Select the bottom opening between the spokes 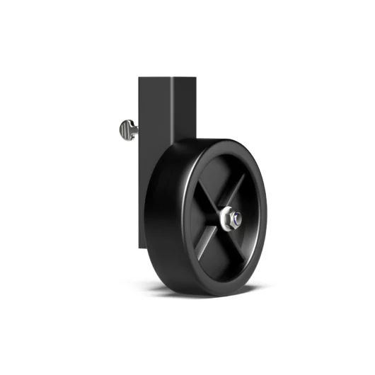coord(228,258)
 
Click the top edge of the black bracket coord(166,77)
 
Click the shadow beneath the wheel coord(212,292)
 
